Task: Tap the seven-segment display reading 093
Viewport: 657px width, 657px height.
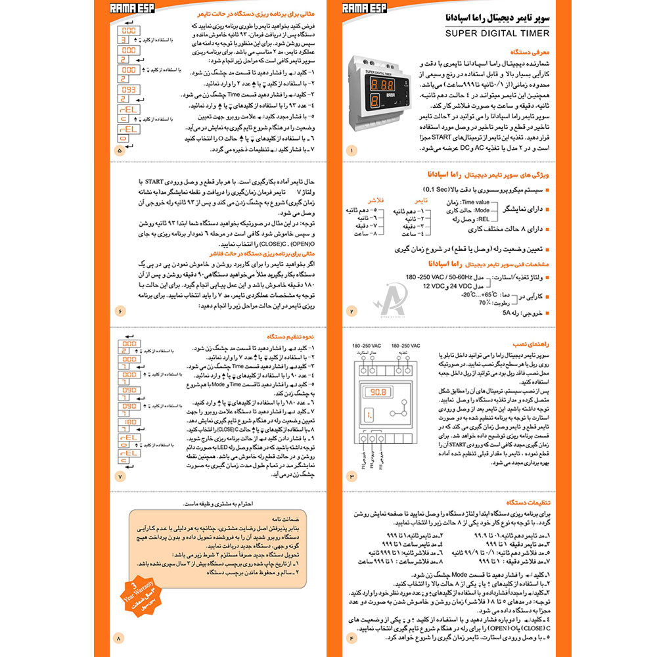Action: click(129, 89)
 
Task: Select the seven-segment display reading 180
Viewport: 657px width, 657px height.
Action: click(129, 422)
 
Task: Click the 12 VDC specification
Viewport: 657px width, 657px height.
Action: click(435, 286)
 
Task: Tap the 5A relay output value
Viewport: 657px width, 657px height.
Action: click(510, 314)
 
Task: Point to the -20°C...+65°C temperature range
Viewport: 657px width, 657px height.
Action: click(474, 295)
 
